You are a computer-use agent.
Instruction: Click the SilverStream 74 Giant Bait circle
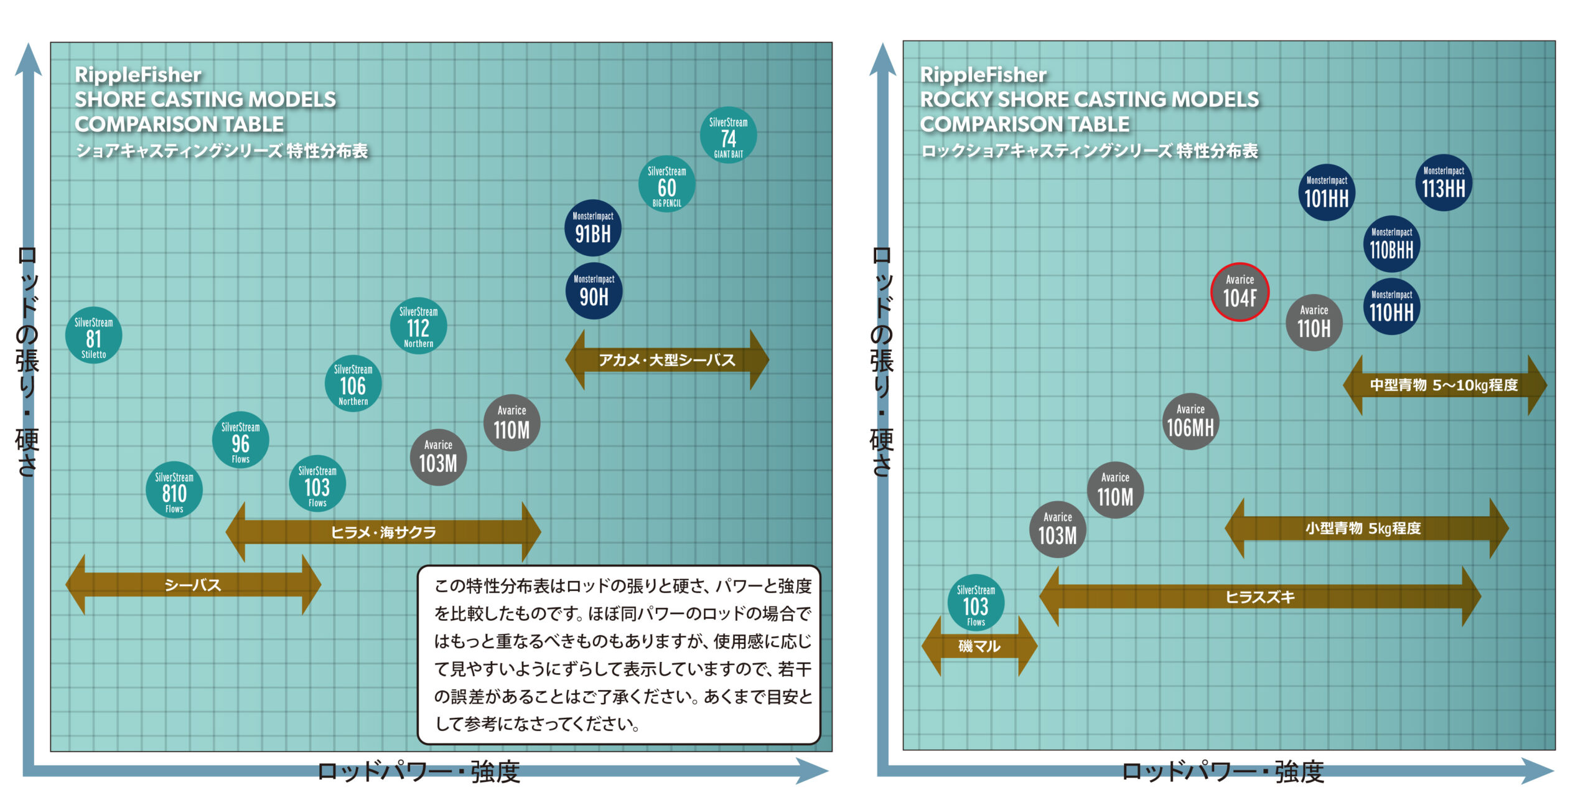[x=728, y=136]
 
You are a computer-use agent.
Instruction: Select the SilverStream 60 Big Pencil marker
[x=666, y=184]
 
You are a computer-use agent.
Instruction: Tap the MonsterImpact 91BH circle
[x=593, y=228]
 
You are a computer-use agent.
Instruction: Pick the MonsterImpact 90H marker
[x=594, y=291]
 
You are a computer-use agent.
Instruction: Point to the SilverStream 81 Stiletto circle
[x=93, y=336]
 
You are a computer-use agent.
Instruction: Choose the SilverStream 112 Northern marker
[x=418, y=326]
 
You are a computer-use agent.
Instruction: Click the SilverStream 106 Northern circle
[x=353, y=384]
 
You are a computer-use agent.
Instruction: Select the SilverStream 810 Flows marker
[x=174, y=490]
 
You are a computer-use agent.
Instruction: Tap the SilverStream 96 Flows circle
[x=240, y=440]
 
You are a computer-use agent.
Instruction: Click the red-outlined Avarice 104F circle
[x=1240, y=292]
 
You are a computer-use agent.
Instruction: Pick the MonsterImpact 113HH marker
[x=1444, y=183]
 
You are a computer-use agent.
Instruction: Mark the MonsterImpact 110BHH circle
[x=1391, y=245]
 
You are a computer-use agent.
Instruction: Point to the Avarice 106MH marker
[x=1190, y=422]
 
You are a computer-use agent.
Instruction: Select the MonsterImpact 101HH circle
[x=1326, y=193]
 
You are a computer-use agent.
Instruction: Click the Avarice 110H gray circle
[x=1314, y=323]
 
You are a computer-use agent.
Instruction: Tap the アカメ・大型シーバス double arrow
[x=666, y=360]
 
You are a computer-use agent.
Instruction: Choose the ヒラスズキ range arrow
[x=1259, y=597]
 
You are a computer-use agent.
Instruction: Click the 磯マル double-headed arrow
[x=979, y=646]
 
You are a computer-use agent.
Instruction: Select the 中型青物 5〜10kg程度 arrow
[x=1444, y=385]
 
